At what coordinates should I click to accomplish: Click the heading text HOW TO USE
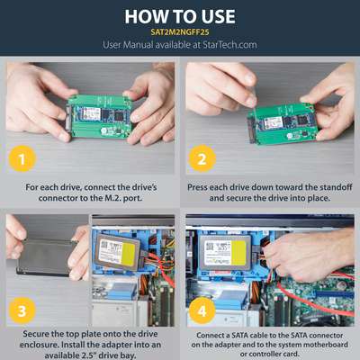[x=180, y=16]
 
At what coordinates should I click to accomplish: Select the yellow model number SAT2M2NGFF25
[x=180, y=31]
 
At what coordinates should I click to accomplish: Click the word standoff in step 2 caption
[x=328, y=187]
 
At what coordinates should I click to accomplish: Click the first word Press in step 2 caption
[x=201, y=187]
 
